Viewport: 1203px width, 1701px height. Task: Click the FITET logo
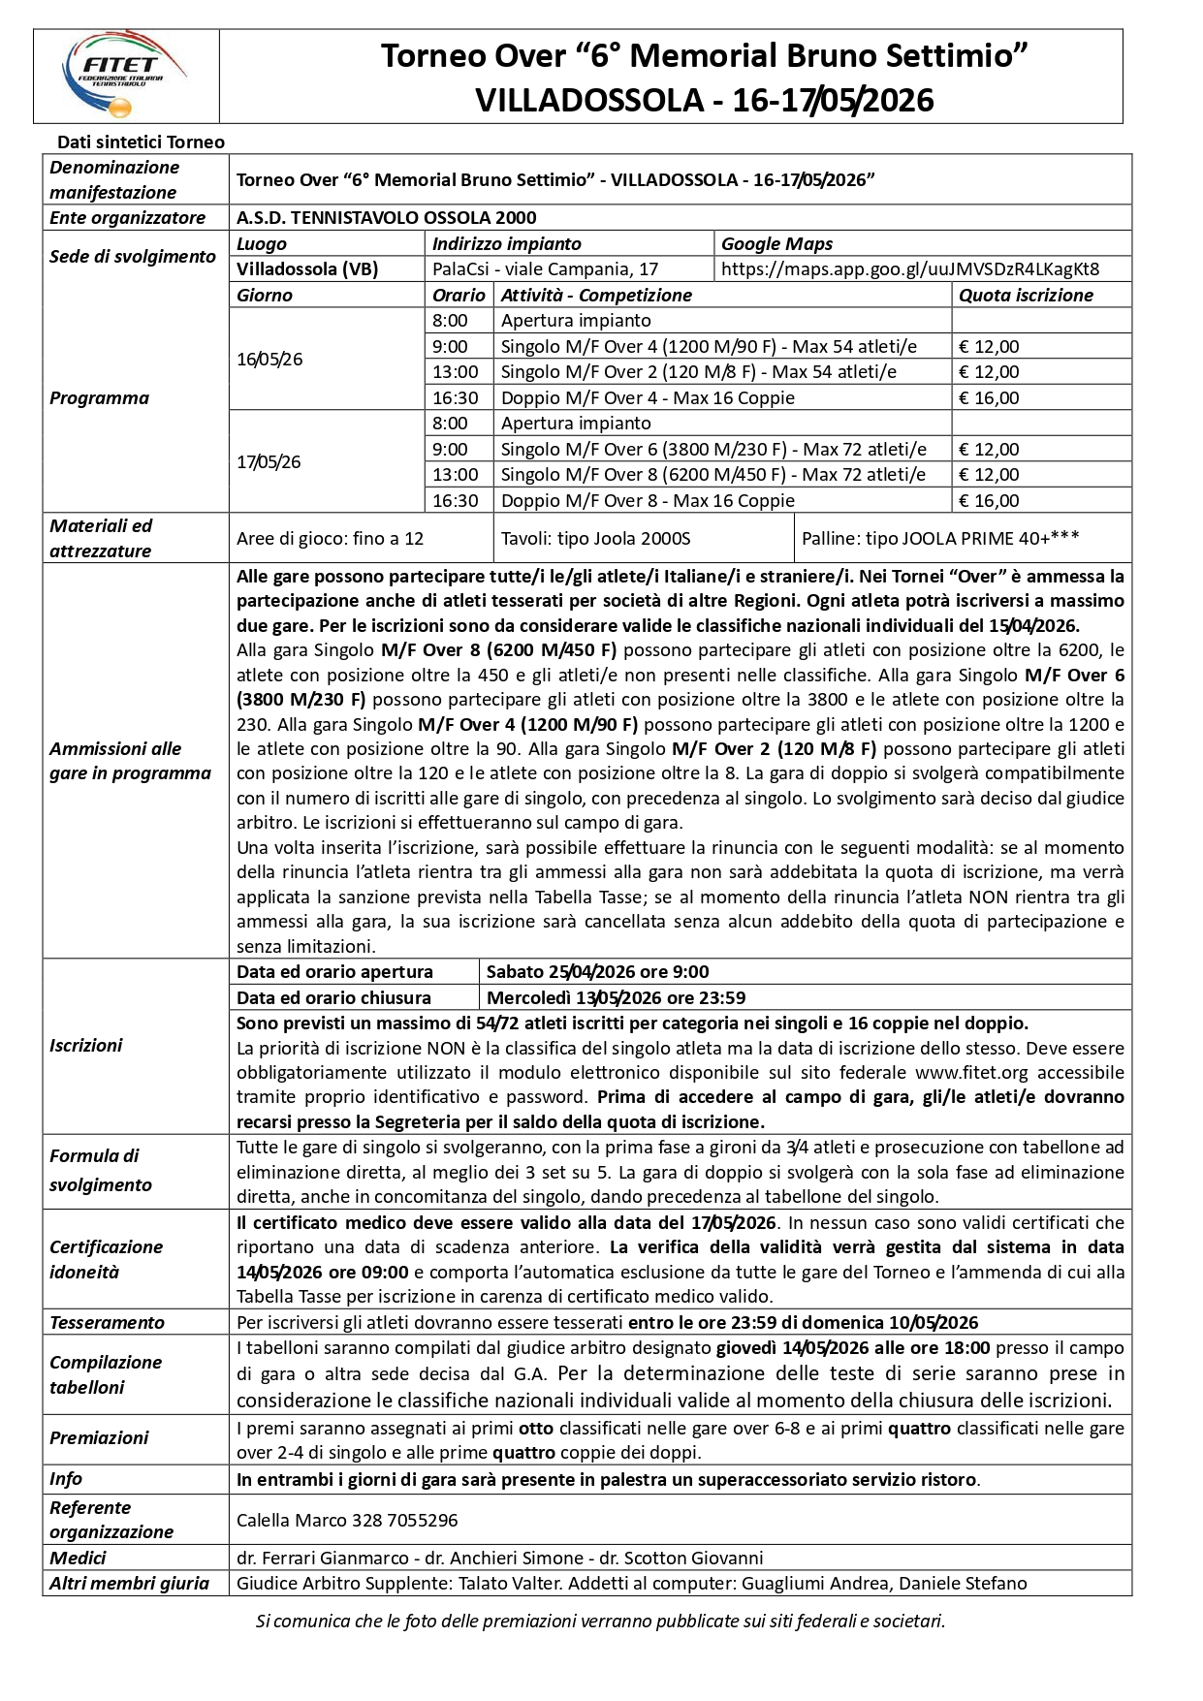(x=124, y=75)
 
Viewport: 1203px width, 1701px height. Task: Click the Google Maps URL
(x=910, y=269)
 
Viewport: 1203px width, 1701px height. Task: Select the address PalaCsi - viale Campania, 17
(x=545, y=269)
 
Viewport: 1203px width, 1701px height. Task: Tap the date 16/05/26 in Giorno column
(x=269, y=360)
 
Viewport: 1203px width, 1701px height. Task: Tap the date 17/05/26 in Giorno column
(x=269, y=462)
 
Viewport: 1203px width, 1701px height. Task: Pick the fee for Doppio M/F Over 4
(x=989, y=398)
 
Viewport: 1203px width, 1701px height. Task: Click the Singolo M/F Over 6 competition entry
(x=712, y=450)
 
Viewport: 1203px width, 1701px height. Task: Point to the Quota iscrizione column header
(x=1026, y=296)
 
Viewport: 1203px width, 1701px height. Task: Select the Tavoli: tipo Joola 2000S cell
(x=595, y=539)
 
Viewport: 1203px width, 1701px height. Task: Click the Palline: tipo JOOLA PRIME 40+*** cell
(x=940, y=539)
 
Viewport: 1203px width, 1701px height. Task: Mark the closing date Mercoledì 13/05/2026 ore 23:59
(x=616, y=998)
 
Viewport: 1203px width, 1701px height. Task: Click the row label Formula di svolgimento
(x=101, y=1171)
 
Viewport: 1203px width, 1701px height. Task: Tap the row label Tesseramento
(x=107, y=1323)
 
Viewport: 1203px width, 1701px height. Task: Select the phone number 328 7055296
(x=404, y=1521)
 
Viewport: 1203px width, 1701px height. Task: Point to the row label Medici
(x=78, y=1559)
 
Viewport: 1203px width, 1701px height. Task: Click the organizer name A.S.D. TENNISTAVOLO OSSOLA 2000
(x=386, y=218)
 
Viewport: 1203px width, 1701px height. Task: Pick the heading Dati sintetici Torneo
(x=141, y=142)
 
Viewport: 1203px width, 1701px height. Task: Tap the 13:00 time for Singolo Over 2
(x=455, y=372)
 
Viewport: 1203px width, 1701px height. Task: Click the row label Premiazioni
(x=99, y=1438)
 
